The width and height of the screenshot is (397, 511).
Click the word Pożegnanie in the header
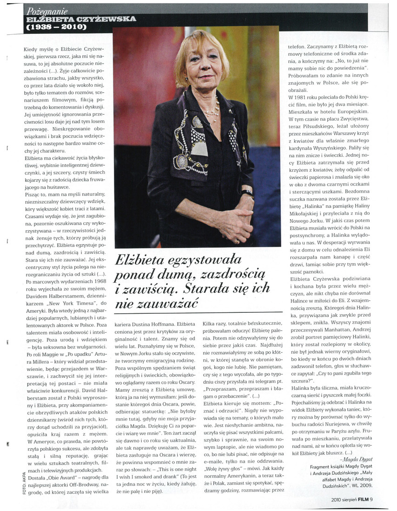point(47,11)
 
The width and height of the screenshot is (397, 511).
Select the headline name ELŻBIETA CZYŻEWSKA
point(81,19)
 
